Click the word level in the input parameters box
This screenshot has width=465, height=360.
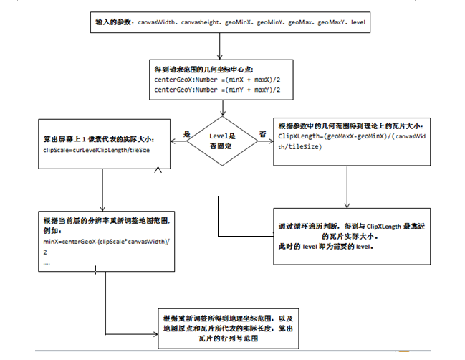click(x=358, y=23)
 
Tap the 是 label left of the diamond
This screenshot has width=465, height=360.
click(x=188, y=134)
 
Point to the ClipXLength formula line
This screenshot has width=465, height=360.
click(x=355, y=135)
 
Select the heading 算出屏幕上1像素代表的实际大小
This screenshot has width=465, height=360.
click(x=100, y=138)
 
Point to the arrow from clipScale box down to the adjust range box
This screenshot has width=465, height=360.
click(x=105, y=190)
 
